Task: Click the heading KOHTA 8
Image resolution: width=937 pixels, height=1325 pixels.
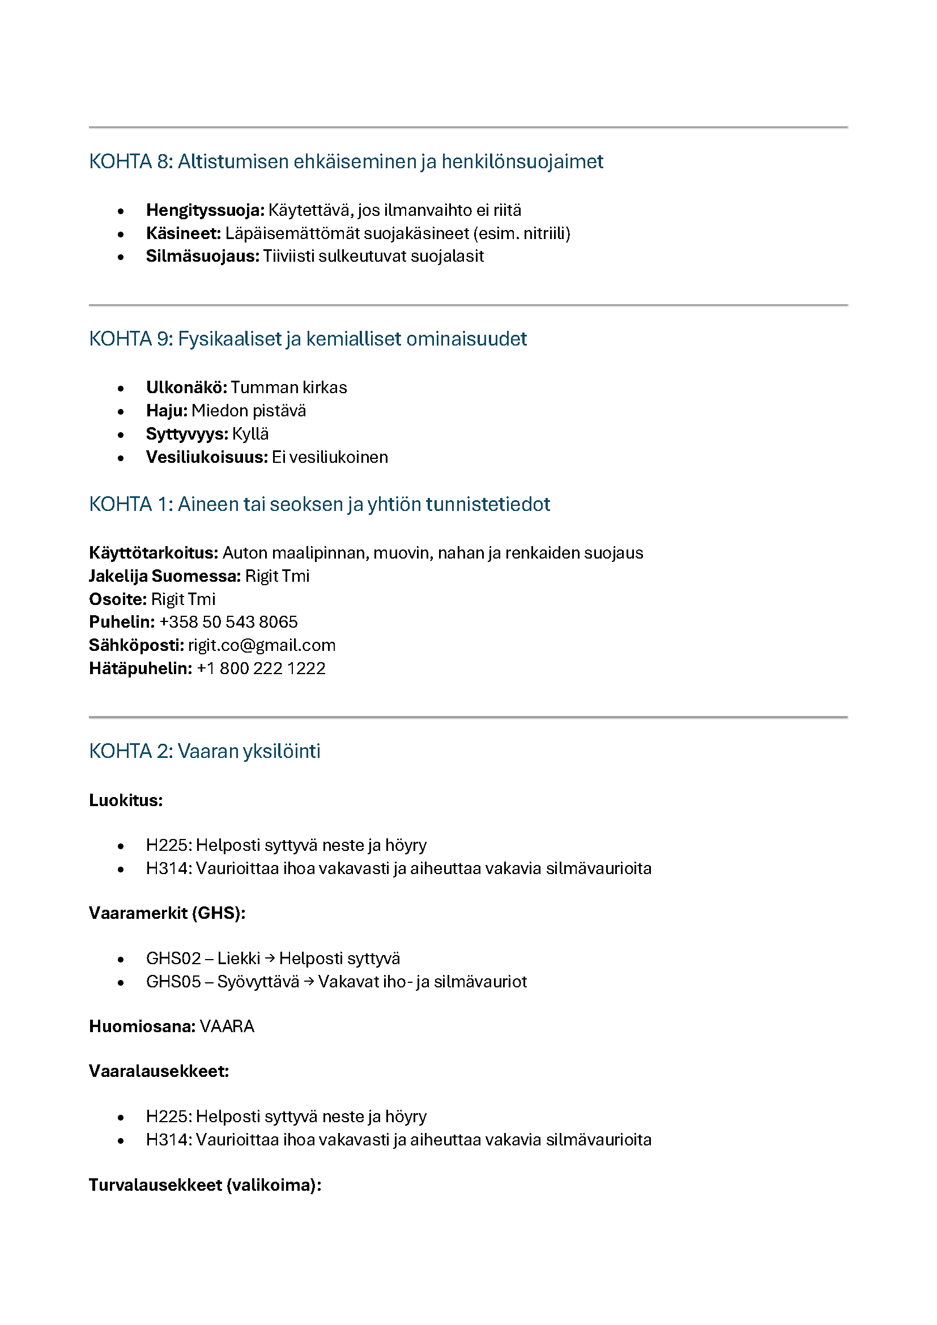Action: (346, 161)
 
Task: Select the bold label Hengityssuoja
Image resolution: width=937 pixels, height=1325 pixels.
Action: (205, 210)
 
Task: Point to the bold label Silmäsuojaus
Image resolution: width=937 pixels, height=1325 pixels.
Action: (202, 256)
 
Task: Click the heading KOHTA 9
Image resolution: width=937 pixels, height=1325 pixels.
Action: (308, 339)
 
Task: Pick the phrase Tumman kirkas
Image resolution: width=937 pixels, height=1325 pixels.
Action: (288, 387)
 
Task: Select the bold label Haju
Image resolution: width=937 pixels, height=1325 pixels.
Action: (166, 411)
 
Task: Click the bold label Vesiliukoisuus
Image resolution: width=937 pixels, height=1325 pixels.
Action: (207, 457)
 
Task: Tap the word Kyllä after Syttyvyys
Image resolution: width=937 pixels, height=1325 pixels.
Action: (250, 434)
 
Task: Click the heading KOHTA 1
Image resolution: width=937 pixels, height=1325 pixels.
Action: (319, 504)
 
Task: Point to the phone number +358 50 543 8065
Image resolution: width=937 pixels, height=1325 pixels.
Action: (228, 622)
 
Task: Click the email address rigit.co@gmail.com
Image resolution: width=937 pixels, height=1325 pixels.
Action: (261, 645)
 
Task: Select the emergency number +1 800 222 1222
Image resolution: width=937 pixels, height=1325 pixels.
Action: (261, 668)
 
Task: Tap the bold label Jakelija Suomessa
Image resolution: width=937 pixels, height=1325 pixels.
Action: (164, 576)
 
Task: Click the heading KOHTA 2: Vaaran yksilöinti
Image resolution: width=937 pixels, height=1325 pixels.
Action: (205, 751)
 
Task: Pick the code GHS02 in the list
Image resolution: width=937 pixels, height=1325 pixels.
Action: (173, 958)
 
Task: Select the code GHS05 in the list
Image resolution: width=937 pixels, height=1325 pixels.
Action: (173, 982)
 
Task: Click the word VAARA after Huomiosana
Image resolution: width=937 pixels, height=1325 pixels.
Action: (227, 1026)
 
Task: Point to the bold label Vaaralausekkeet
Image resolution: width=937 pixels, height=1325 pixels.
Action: (159, 1072)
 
